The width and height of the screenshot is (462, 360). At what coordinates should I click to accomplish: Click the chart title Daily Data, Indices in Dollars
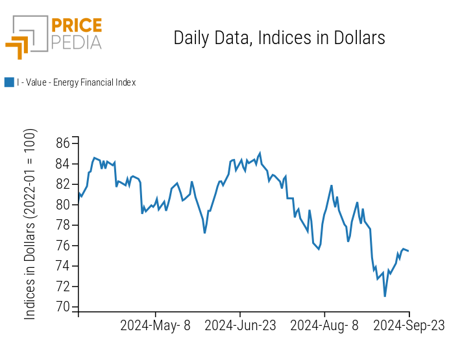click(279, 38)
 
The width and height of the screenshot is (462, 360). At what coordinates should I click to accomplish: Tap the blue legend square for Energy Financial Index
click(9, 82)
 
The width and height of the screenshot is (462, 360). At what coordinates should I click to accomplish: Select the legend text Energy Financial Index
click(77, 82)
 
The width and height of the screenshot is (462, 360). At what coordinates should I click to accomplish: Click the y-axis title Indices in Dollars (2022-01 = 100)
click(30, 224)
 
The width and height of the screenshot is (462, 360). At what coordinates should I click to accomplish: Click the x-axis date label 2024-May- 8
click(156, 326)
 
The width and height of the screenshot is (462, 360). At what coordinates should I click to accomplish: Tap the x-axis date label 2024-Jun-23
click(240, 326)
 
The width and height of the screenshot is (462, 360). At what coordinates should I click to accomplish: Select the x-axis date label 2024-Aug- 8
click(324, 326)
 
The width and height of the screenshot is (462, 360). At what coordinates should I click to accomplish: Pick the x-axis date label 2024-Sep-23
click(409, 326)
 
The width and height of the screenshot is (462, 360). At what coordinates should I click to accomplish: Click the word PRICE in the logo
click(76, 27)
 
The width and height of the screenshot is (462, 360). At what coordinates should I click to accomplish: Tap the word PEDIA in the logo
click(76, 43)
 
